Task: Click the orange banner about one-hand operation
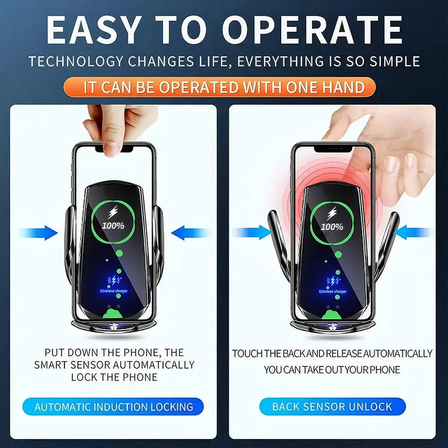click(224, 87)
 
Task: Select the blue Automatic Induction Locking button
click(114, 407)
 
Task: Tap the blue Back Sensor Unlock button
click(332, 407)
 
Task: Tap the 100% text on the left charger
click(113, 225)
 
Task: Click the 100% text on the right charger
click(332, 227)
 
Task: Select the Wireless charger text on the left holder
click(113, 291)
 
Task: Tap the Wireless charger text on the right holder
click(332, 292)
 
